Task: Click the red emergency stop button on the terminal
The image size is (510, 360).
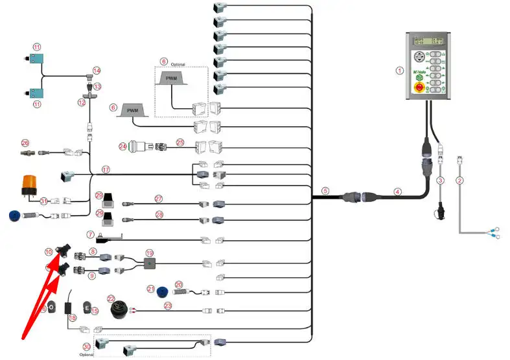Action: coord(419,85)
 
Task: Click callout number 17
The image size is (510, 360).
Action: coord(106,170)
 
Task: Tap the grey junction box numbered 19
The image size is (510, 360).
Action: coord(150,264)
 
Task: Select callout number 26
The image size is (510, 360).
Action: coord(25,142)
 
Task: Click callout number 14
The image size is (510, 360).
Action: coord(97,70)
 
